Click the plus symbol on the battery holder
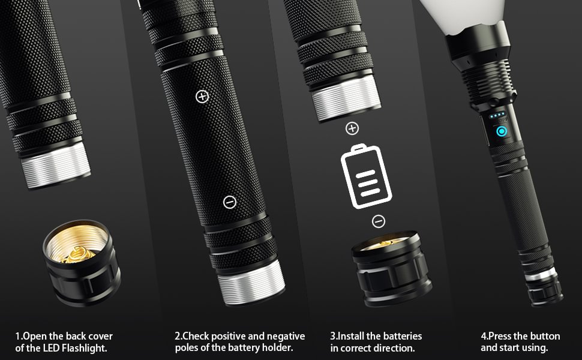coord(202,96)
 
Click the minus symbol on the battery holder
coord(229,202)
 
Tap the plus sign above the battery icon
coord(352,128)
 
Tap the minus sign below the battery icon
coord(379,221)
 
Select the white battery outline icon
coord(365,177)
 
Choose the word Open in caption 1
coord(33,336)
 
